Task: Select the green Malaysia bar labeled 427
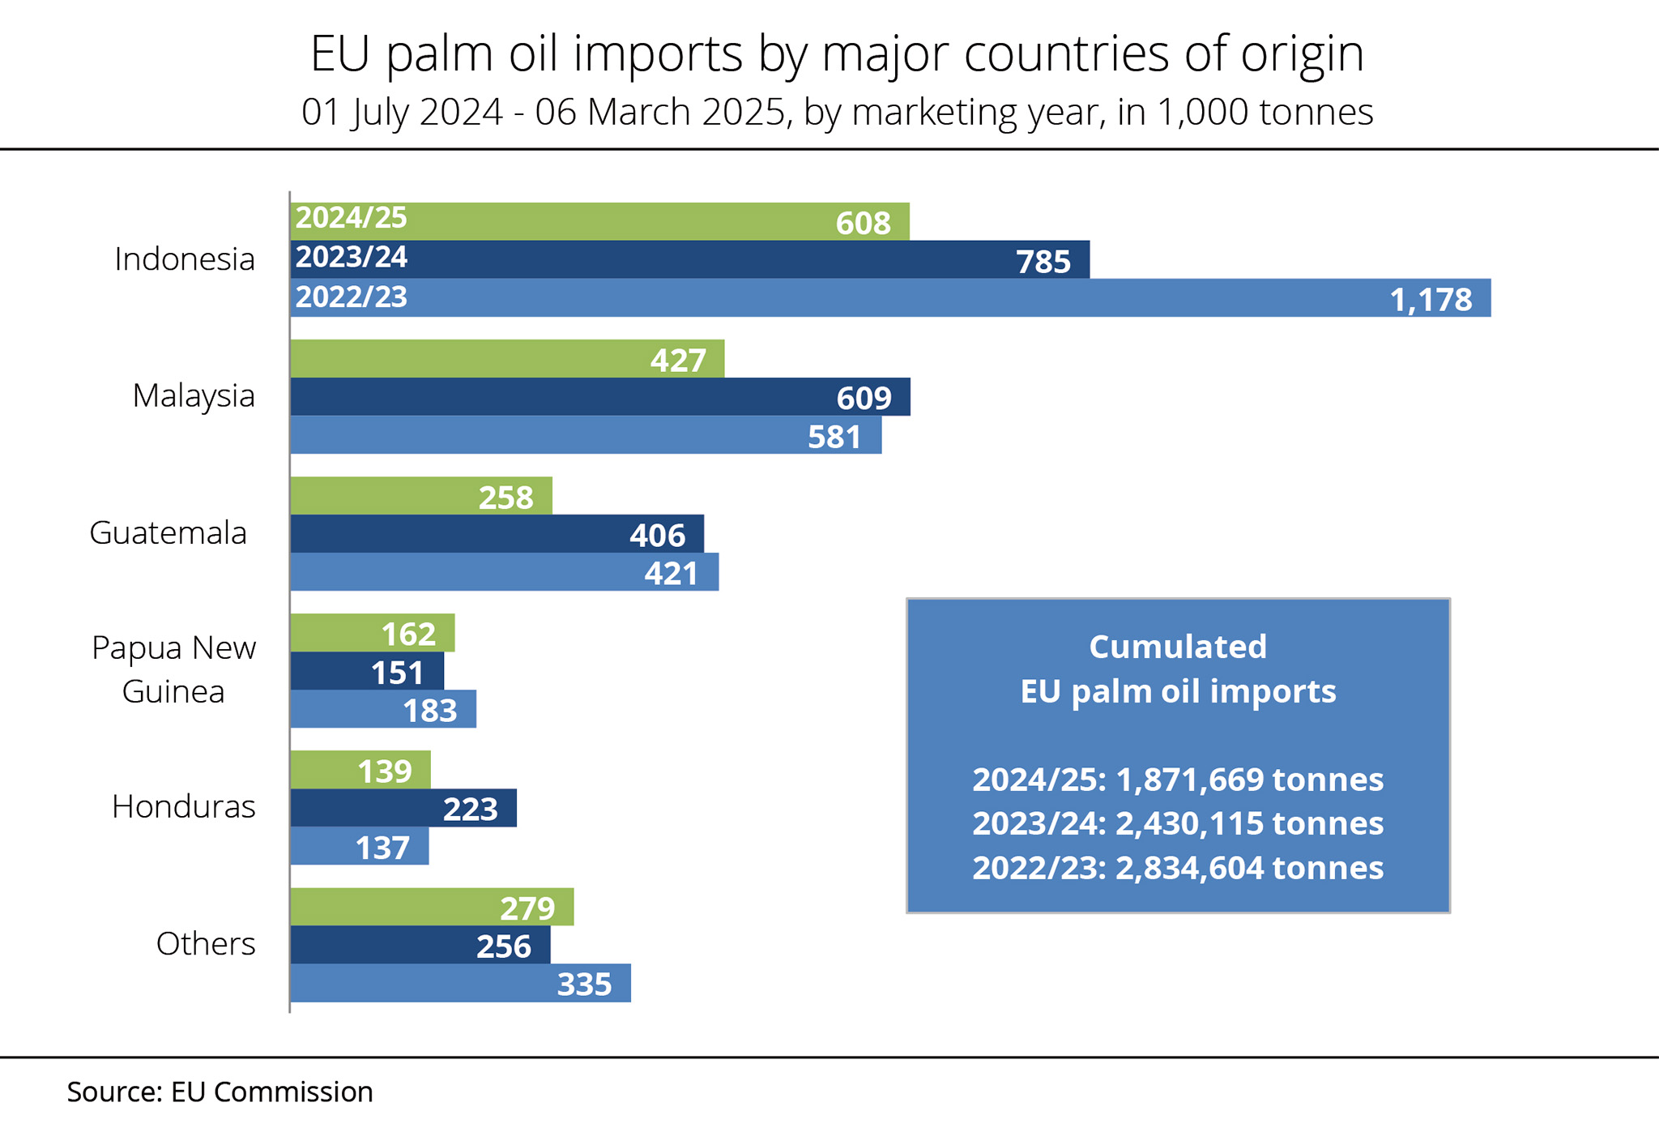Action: click(507, 359)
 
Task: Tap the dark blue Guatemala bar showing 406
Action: click(497, 534)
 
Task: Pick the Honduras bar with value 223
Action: click(403, 808)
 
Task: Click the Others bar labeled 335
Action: click(460, 983)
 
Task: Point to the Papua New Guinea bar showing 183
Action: click(383, 709)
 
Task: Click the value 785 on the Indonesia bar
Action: click(1043, 262)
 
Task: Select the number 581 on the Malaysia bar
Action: click(834, 437)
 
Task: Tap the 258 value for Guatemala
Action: click(505, 497)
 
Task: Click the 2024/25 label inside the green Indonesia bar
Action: click(351, 218)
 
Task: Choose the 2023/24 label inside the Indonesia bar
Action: click(351, 257)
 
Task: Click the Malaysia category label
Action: click(194, 395)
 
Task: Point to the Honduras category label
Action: click(184, 806)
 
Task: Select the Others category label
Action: click(206, 943)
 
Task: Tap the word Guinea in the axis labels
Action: click(173, 691)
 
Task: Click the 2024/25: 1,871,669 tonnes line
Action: click(1178, 780)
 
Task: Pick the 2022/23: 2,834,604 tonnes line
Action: click(1178, 868)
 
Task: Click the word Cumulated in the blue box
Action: click(1178, 647)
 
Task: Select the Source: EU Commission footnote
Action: click(220, 1092)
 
